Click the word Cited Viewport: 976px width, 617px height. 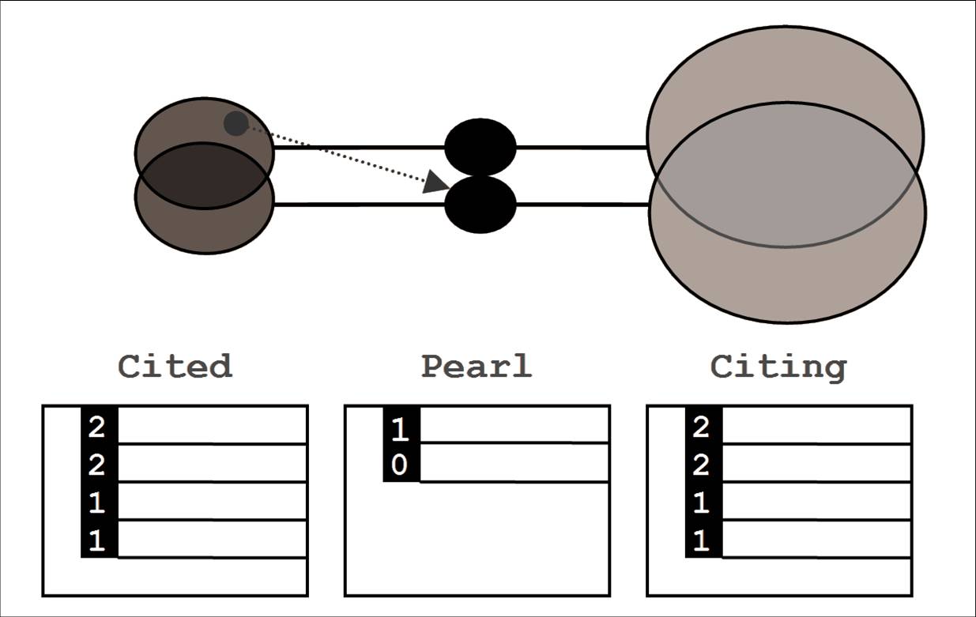coord(175,367)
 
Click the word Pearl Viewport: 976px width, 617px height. coord(476,367)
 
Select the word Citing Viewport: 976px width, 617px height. coord(778,367)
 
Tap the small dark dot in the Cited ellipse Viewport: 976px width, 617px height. coord(236,123)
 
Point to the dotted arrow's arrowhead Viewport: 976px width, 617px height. coord(435,183)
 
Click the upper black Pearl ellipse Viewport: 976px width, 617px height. coord(480,147)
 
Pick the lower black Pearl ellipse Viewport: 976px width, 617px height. coord(480,205)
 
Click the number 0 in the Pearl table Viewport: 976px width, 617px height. coord(401,465)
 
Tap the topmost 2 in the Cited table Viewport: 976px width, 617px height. coord(97,427)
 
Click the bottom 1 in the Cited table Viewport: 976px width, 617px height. coord(97,541)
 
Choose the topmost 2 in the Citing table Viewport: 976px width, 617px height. coord(702,427)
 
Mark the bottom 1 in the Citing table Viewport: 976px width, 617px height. coord(702,541)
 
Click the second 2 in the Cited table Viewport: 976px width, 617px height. coord(97,465)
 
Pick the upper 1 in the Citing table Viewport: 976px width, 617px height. coord(702,503)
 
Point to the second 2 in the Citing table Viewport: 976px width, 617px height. coord(702,465)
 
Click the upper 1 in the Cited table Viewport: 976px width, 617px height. coord(97,503)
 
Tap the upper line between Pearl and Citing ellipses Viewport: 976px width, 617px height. coord(582,147)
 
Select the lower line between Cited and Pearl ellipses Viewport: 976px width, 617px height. coord(360,205)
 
